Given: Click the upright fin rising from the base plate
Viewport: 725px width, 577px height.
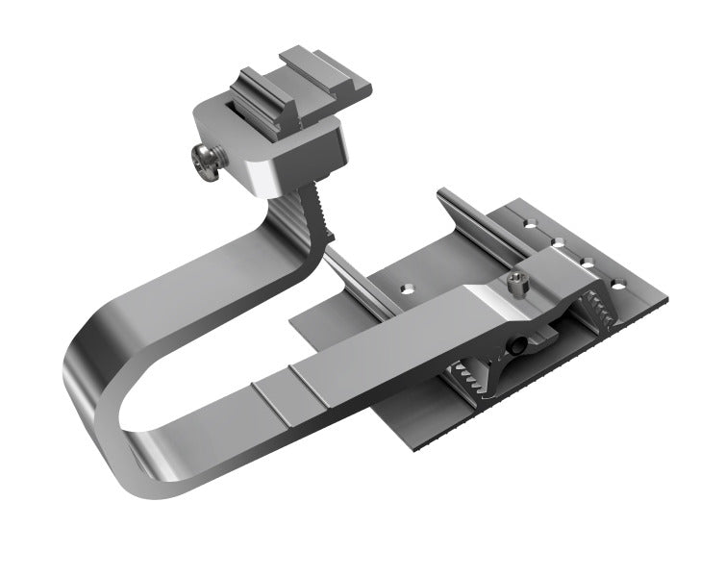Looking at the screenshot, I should click(x=471, y=216).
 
